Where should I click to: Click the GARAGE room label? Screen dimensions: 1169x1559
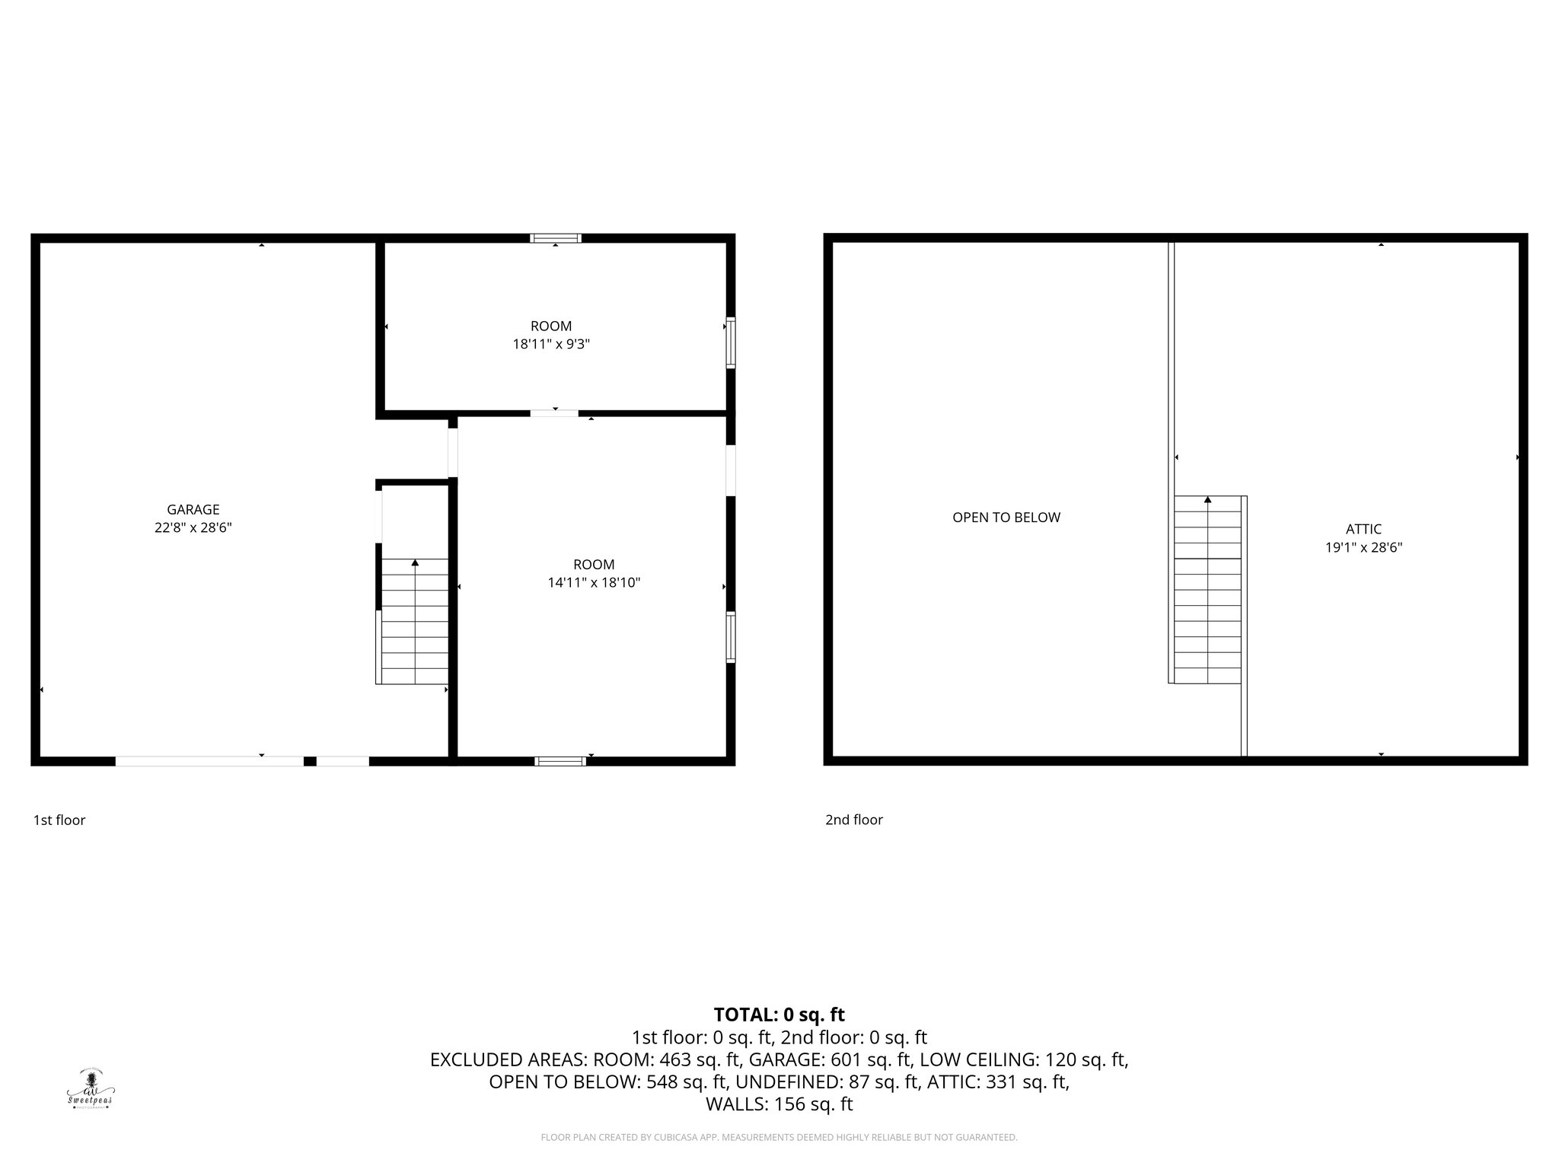tap(193, 510)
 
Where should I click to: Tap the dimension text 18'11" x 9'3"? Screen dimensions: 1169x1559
tap(551, 344)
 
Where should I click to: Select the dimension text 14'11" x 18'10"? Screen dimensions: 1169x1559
tap(594, 583)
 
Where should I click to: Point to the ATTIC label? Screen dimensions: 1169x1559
tap(1363, 529)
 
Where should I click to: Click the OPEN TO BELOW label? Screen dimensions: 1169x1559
tap(1006, 518)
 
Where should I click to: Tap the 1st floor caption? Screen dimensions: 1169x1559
tap(59, 820)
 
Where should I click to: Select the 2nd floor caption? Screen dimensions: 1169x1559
tap(854, 820)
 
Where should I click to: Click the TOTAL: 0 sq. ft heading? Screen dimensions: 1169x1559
tap(779, 1015)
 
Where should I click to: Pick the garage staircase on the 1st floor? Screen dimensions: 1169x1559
tap(414, 621)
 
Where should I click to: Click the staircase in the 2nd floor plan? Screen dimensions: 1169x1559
tap(1207, 589)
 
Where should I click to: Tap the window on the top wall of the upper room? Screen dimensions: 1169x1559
tap(556, 238)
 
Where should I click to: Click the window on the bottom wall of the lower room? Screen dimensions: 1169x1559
tap(560, 761)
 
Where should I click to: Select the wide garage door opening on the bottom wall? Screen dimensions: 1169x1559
tap(209, 761)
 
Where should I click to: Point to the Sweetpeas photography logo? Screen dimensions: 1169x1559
tap(91, 1089)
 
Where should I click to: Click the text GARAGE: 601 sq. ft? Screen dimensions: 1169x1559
tap(831, 1059)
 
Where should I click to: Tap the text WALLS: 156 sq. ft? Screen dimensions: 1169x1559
tap(779, 1104)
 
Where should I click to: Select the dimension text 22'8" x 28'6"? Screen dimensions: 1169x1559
tap(193, 527)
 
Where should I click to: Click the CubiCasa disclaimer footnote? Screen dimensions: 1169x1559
tap(779, 1138)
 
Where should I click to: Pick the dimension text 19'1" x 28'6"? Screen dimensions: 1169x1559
tap(1363, 547)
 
